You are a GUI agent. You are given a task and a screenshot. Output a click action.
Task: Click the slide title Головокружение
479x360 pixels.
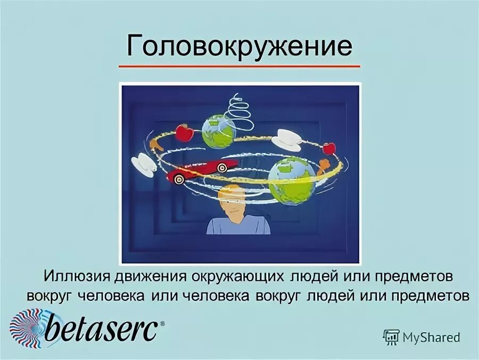pos(239,46)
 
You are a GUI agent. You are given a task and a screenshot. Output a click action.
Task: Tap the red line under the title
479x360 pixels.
pos(239,67)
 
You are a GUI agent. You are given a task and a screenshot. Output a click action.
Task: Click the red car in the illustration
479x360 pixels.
pos(202,169)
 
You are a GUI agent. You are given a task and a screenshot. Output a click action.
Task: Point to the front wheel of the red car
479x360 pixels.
pos(179,179)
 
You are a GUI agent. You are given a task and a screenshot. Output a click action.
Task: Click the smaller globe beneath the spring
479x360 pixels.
pos(218,131)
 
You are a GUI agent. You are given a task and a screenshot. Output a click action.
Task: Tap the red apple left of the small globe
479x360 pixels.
pos(184,133)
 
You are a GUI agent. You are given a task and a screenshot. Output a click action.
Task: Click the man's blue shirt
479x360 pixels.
pos(238,226)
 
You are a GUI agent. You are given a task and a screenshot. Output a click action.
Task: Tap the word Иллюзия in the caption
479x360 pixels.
pos(77,278)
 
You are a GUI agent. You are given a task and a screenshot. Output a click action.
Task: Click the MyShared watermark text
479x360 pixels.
pos(431,337)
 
